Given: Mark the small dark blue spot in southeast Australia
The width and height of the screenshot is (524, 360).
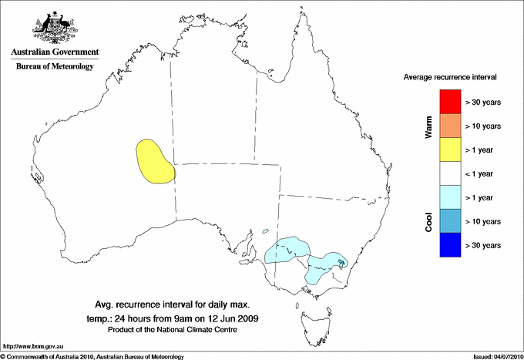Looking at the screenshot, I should coord(341,262).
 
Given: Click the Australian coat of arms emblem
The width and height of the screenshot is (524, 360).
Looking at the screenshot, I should coord(53,26).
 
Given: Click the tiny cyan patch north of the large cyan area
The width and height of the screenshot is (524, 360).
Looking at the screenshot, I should coord(264,230).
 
